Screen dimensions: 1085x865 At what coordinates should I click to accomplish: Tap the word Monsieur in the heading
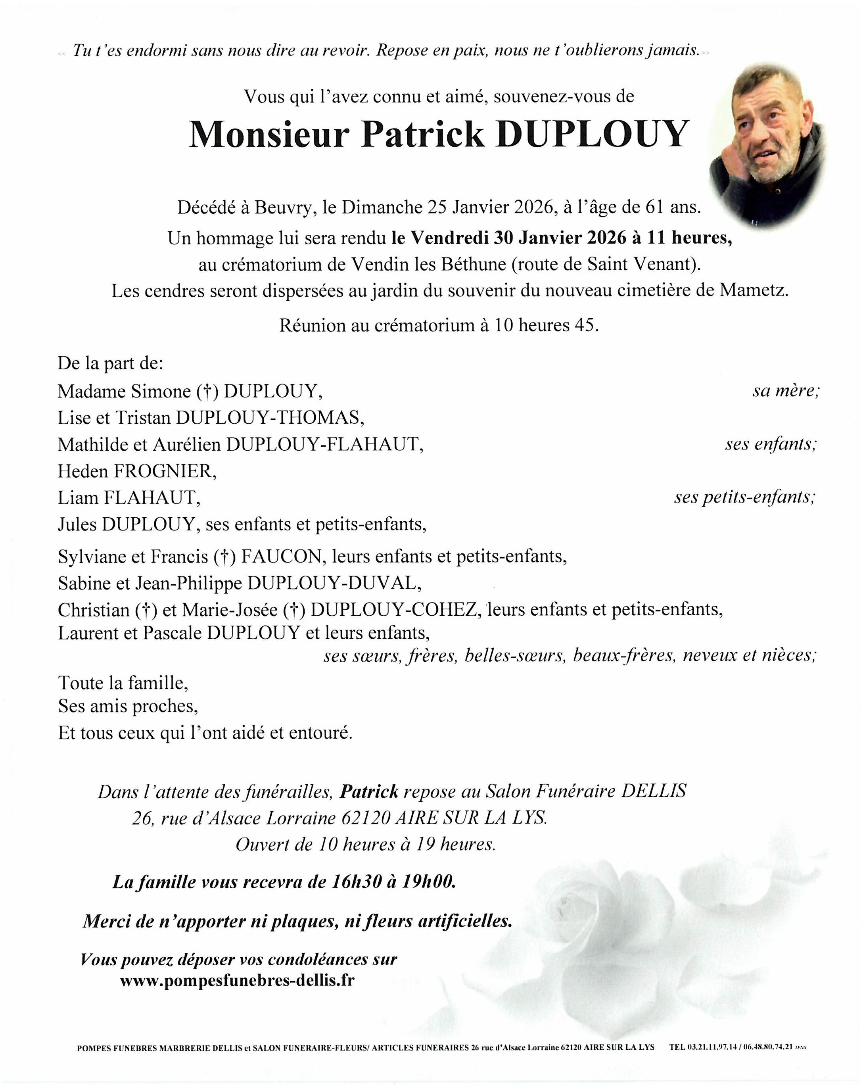(x=269, y=134)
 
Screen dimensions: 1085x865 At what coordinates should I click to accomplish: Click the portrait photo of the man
(x=767, y=146)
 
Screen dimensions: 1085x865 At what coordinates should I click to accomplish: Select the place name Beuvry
(x=283, y=207)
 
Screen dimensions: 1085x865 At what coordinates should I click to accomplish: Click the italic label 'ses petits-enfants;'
(x=745, y=497)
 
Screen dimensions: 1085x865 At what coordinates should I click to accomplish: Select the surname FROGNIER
(x=165, y=470)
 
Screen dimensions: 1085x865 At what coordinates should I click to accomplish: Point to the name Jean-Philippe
(x=188, y=583)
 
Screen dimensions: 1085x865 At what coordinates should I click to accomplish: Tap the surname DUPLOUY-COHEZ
(x=393, y=609)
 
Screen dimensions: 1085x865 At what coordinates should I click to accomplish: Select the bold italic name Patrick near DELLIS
(x=369, y=791)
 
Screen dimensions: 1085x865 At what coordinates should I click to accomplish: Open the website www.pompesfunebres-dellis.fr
(x=237, y=980)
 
